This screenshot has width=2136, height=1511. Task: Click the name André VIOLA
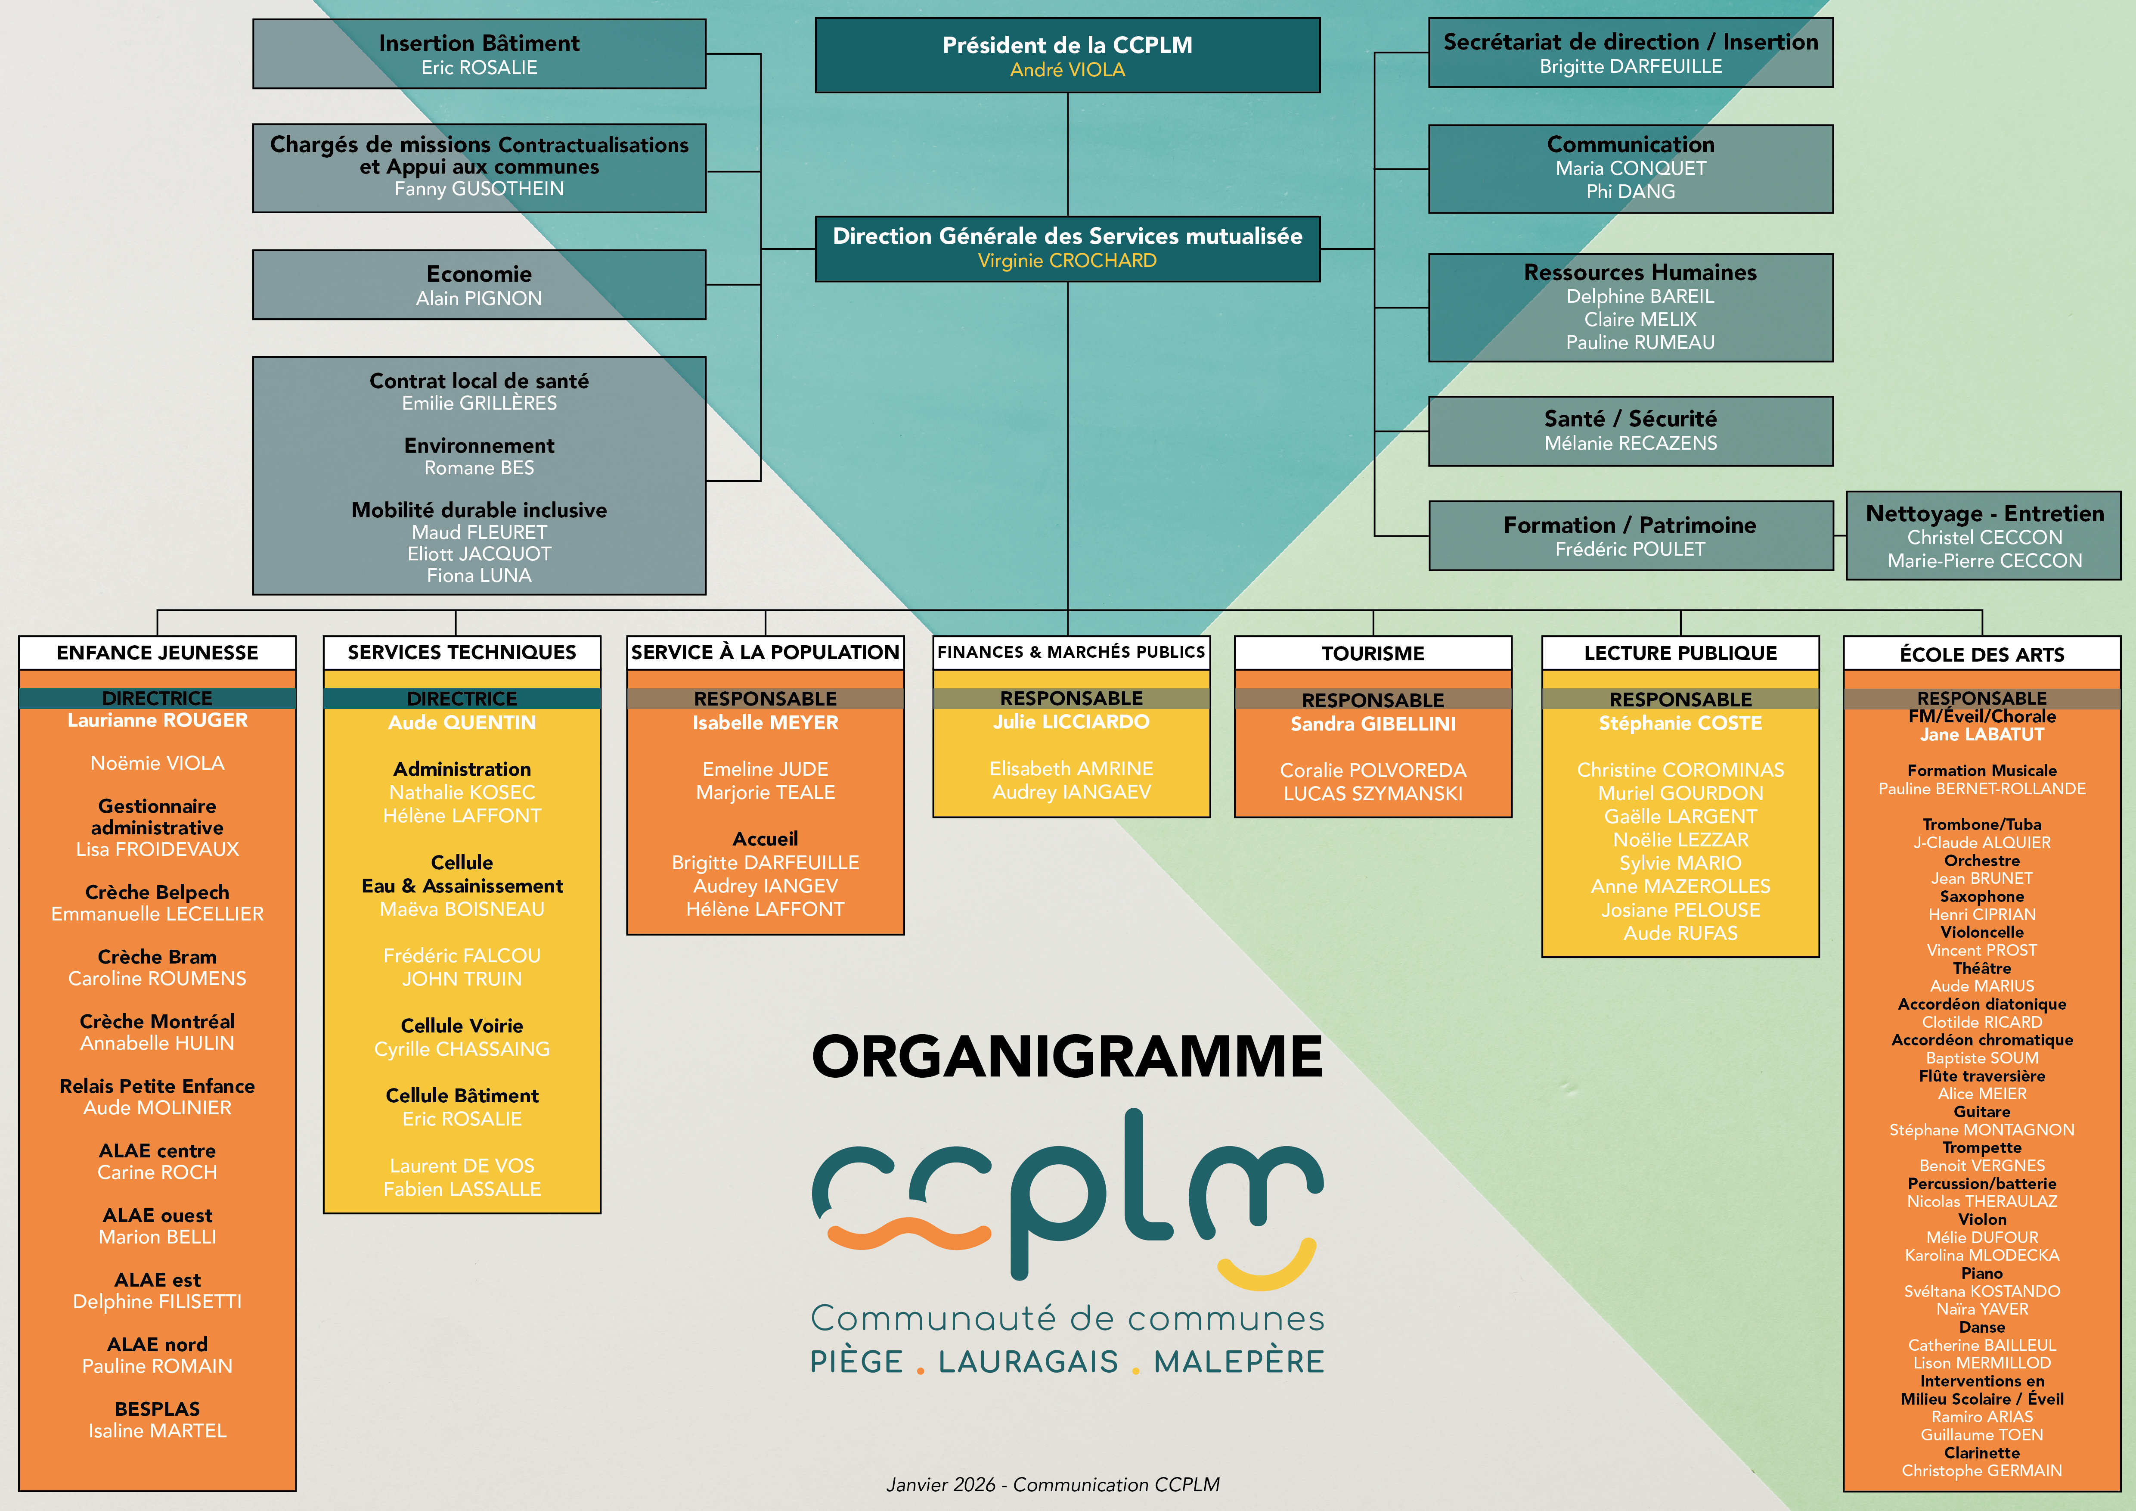[x=1067, y=70]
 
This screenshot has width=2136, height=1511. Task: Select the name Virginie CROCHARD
[x=1067, y=261]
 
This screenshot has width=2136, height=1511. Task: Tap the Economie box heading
[x=479, y=274]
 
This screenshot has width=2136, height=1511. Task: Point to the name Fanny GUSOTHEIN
[x=479, y=189]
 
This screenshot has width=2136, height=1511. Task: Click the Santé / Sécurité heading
[x=1630, y=419]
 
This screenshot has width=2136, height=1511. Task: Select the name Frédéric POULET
[x=1630, y=549]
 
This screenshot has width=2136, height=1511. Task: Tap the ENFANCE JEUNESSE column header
[x=157, y=652]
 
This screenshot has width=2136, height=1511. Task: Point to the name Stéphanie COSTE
[x=1680, y=723]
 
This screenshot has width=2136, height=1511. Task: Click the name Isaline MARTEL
[x=157, y=1431]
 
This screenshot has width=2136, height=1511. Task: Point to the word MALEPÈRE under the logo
[x=1238, y=1362]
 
